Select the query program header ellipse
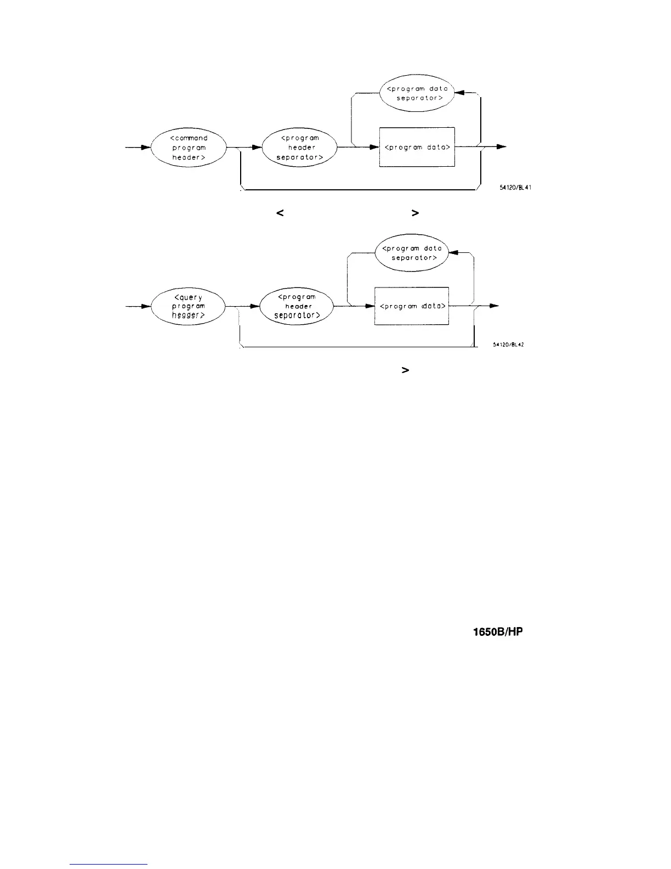pyautogui.click(x=188, y=306)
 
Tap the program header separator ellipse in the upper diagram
pyautogui.click(x=300, y=148)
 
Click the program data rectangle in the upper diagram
pyautogui.click(x=417, y=147)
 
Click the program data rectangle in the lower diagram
pyautogui.click(x=412, y=306)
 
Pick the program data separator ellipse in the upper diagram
pyautogui.click(x=417, y=93)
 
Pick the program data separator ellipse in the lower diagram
pyautogui.click(x=412, y=253)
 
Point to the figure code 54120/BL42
pyautogui.click(x=510, y=345)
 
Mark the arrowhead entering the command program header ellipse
pyautogui.click(x=145, y=148)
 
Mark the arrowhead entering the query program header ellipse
pyautogui.click(x=145, y=306)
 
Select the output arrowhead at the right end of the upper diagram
pyautogui.click(x=501, y=147)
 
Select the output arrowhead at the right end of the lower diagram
pyautogui.click(x=494, y=306)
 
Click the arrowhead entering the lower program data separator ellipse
pyautogui.click(x=453, y=253)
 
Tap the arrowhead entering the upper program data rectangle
pyautogui.click(x=374, y=147)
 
